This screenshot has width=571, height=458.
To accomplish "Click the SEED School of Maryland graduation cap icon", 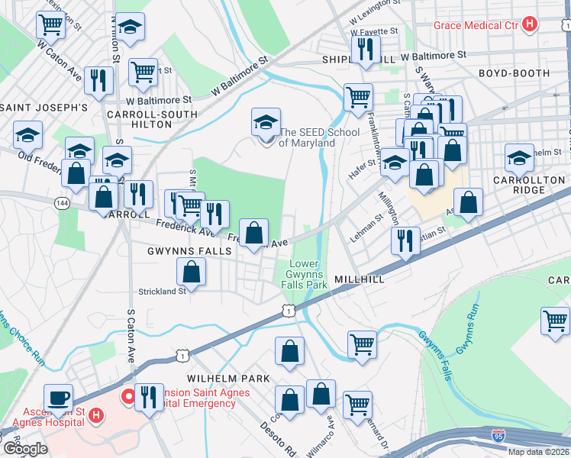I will (x=266, y=121).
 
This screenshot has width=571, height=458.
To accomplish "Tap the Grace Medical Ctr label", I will (x=476, y=25).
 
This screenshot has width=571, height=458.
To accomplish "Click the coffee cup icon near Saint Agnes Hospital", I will (x=58, y=397).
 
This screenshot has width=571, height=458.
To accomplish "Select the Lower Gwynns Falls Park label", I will (x=308, y=274).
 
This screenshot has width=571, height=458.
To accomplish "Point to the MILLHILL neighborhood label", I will (x=359, y=280).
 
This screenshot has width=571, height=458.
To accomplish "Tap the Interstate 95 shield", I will (x=498, y=436).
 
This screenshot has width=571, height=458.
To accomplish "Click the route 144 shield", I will (x=62, y=204).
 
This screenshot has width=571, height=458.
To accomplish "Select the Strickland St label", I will (x=162, y=291).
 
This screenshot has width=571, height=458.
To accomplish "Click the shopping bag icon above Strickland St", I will (x=192, y=270).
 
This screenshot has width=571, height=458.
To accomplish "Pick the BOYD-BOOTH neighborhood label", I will (x=514, y=73).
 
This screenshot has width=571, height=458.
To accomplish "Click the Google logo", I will (x=25, y=448).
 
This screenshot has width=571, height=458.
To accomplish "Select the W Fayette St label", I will (x=374, y=32).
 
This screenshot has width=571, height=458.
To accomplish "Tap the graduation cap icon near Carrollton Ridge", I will (x=519, y=158).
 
